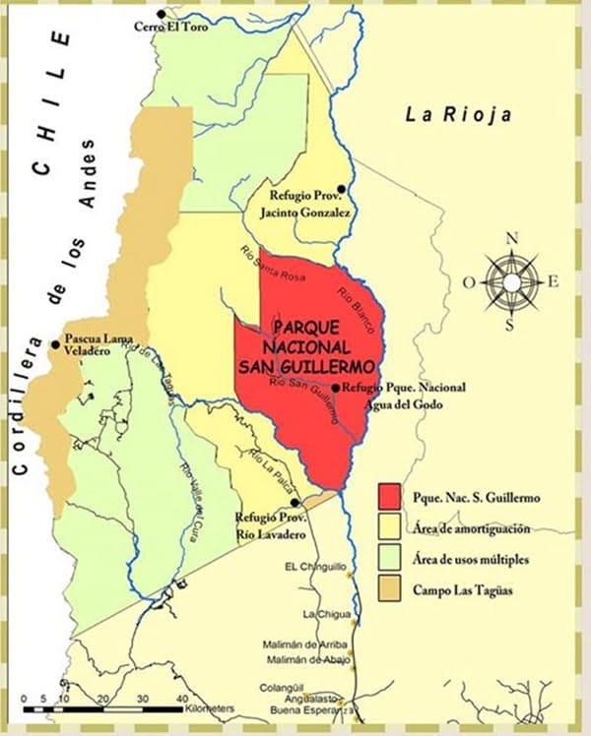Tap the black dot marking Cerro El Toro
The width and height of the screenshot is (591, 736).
click(134, 14)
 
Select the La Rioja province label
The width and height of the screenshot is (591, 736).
click(459, 115)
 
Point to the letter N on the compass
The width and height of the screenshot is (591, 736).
click(511, 238)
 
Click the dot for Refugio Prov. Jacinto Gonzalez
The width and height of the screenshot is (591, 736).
click(341, 188)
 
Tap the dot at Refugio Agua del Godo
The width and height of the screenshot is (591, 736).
click(336, 388)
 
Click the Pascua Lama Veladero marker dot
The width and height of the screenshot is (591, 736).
click(55, 344)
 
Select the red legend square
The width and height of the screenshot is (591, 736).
click(391, 495)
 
